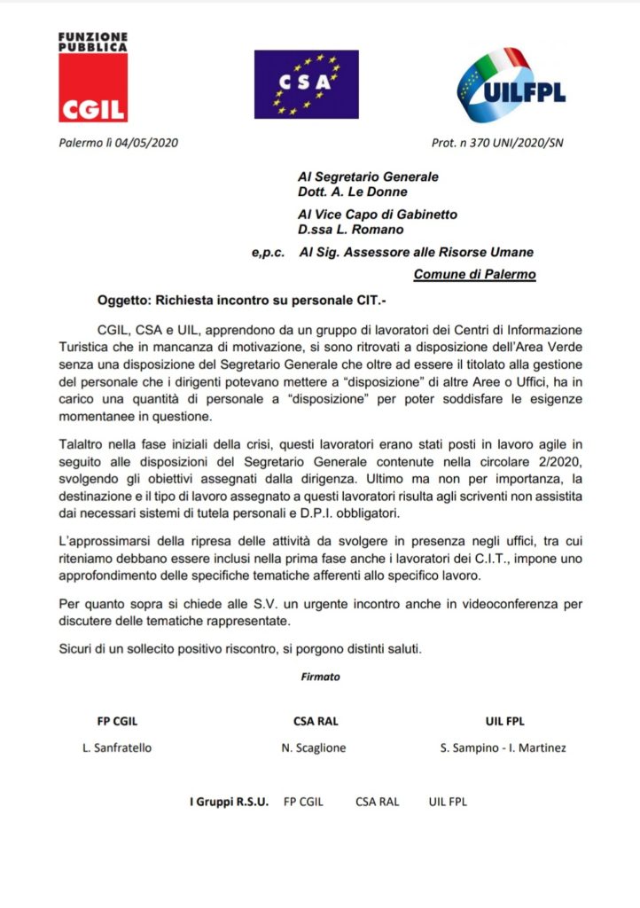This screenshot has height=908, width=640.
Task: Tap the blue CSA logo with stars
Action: (306, 84)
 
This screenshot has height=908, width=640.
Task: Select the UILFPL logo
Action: (511, 85)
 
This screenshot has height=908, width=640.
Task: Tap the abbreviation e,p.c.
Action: (268, 253)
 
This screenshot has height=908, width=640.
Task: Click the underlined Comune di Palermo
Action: (474, 275)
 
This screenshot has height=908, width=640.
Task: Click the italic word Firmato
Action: (320, 676)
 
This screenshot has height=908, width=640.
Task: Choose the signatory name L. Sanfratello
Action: (116, 747)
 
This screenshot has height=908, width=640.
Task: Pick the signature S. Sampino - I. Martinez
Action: (503, 747)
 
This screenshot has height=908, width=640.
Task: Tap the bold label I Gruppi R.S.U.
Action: (229, 802)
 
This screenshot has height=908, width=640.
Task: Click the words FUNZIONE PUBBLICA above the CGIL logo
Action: (92, 42)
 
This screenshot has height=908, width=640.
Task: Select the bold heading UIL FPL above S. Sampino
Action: (504, 721)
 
